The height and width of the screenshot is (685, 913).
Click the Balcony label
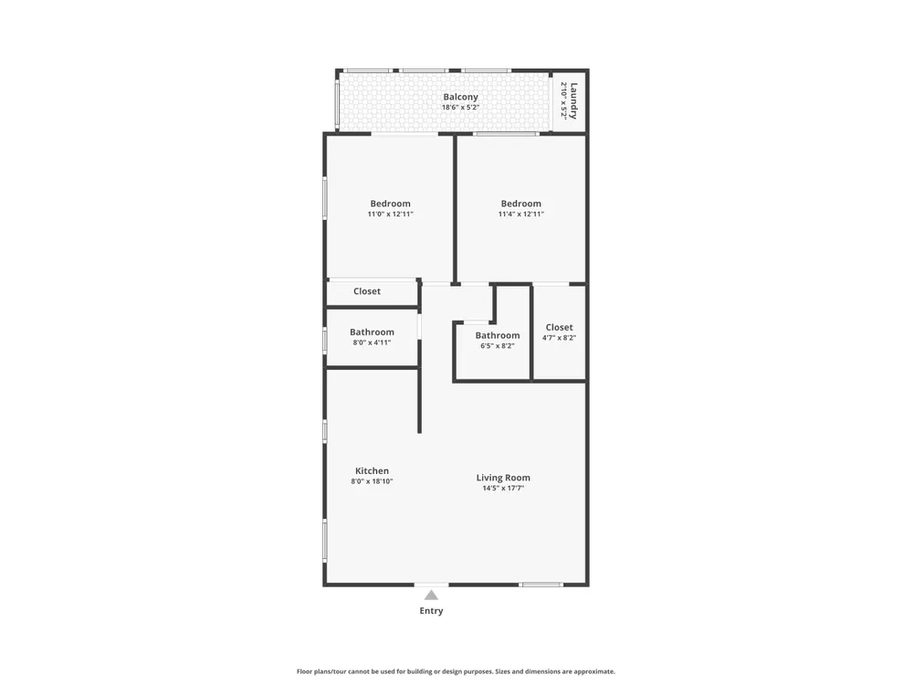(x=460, y=98)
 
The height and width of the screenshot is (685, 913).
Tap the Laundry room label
(x=573, y=100)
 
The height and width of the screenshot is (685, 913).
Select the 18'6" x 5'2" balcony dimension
(x=460, y=107)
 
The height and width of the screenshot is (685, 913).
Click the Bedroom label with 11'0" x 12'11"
(x=390, y=204)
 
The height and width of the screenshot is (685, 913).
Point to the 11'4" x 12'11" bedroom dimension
(x=521, y=214)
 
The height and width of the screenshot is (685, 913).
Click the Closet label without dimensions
(x=367, y=291)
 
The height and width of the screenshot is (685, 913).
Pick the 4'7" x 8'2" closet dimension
(x=559, y=338)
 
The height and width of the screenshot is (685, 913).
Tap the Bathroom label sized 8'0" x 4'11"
(x=373, y=332)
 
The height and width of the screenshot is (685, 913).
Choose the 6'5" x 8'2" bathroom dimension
(x=498, y=346)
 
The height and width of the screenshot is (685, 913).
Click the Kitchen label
(x=373, y=470)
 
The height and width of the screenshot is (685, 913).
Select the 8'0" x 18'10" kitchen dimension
(x=373, y=481)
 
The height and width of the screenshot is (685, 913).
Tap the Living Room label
(x=503, y=478)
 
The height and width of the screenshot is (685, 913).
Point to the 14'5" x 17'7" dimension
(x=503, y=488)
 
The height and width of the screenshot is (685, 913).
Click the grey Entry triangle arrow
(x=431, y=595)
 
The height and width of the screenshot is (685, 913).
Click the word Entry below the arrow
(x=431, y=610)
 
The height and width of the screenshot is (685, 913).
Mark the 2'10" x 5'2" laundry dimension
(x=563, y=100)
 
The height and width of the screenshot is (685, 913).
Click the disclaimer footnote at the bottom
(x=456, y=671)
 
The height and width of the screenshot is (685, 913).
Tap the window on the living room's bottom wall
(x=540, y=585)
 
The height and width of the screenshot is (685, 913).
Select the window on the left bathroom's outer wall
(x=325, y=340)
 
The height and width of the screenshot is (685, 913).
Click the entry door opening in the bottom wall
(x=432, y=585)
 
